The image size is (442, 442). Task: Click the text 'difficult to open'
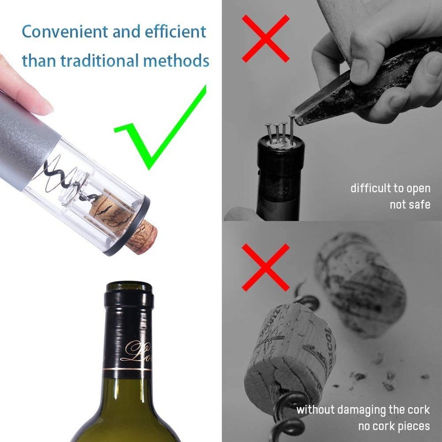click(390, 188)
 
